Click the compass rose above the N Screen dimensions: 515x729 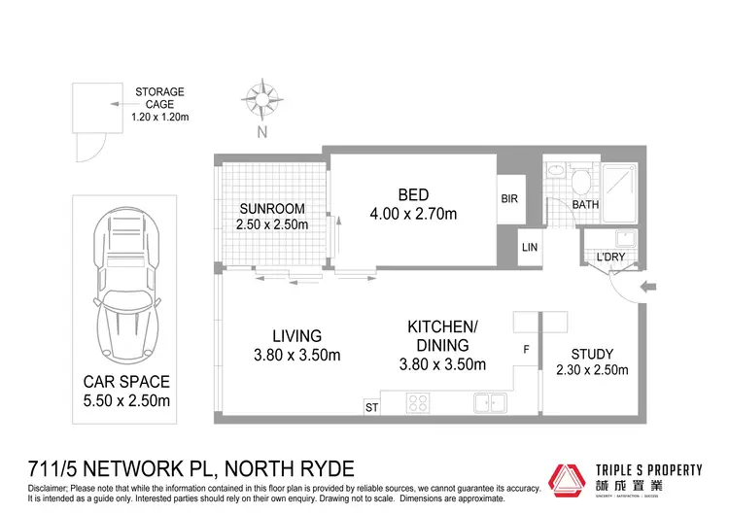260,98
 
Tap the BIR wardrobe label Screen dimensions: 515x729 510,198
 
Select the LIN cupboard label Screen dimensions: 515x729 529,249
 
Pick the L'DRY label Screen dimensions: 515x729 610,256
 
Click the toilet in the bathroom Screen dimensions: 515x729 581,180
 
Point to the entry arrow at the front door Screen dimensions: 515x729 650,287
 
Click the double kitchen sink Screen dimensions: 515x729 488,400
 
